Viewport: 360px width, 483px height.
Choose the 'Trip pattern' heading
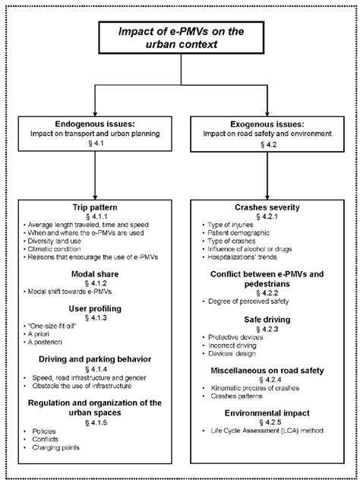(94, 207)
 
